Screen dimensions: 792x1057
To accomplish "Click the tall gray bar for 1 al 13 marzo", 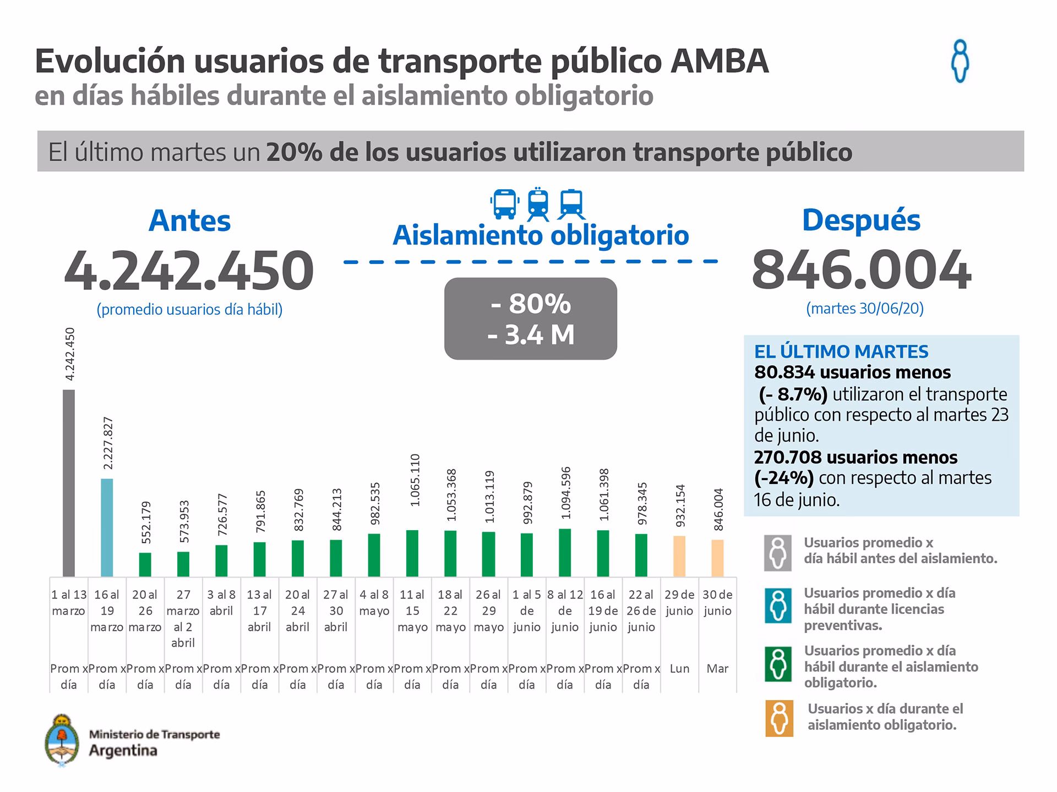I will click(68, 483).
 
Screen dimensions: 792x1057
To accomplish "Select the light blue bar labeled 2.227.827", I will click(107, 527).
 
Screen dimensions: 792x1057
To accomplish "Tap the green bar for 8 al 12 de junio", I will click(565, 552).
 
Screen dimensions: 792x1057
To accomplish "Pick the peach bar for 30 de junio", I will click(717, 558).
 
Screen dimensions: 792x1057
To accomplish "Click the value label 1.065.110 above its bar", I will click(416, 480).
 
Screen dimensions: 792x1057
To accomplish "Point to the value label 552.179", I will click(146, 522).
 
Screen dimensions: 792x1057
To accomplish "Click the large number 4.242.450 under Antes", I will click(189, 271).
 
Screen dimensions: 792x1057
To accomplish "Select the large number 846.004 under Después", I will click(862, 271).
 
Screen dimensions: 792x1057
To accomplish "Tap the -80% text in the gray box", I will click(531, 304).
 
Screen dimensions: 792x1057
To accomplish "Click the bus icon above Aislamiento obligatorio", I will click(504, 204).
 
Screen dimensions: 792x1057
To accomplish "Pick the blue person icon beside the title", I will click(960, 61).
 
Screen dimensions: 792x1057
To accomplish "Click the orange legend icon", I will click(779, 718).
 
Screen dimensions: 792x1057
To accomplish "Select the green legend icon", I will click(778, 664).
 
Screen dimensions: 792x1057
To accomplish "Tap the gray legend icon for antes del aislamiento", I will click(778, 552).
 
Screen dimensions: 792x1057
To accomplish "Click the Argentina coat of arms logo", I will click(62, 740).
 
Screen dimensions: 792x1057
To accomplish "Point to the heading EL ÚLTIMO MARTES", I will click(841, 351).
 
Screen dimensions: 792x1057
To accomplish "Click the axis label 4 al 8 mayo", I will click(374, 603).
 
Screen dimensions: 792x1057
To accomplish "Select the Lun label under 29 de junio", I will click(679, 669).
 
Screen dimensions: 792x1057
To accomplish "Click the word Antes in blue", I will click(189, 221).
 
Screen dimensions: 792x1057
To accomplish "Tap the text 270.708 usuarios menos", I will click(856, 457).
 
